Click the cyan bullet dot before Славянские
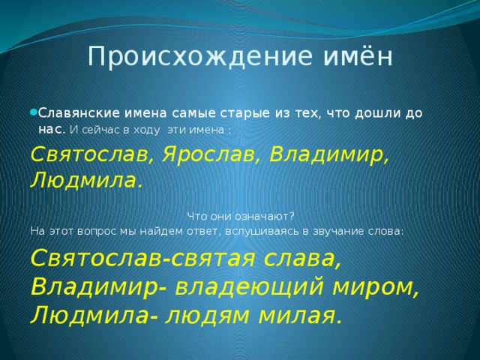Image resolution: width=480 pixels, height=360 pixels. (x=34, y=112)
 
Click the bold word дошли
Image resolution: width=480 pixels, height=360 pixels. (x=377, y=113)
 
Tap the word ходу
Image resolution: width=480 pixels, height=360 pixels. (x=146, y=130)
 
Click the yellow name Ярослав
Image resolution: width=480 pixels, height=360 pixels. (x=209, y=154)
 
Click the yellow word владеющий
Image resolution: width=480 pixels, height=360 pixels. (x=249, y=287)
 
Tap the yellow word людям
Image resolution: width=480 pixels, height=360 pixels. (x=207, y=315)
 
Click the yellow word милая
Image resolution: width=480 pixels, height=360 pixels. (x=300, y=315)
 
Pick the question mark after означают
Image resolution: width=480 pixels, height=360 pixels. (x=291, y=217)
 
